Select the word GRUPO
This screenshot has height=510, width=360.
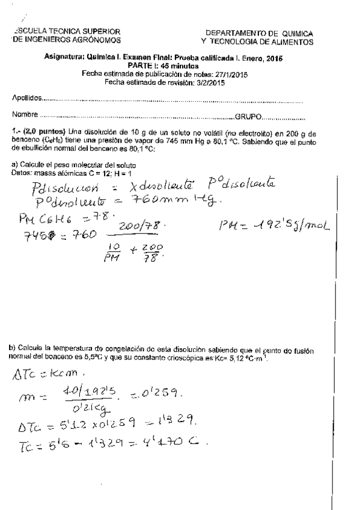(x=248, y=114)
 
